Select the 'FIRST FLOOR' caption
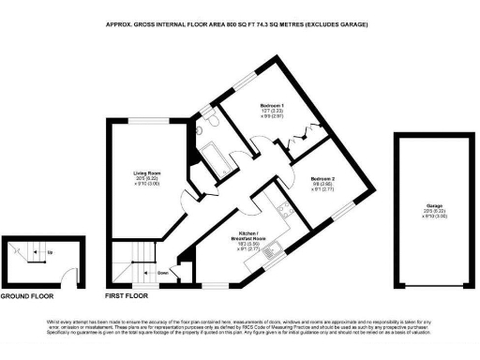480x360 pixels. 128,295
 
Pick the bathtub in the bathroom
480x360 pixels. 220,159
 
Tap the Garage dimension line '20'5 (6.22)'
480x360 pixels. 432,211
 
